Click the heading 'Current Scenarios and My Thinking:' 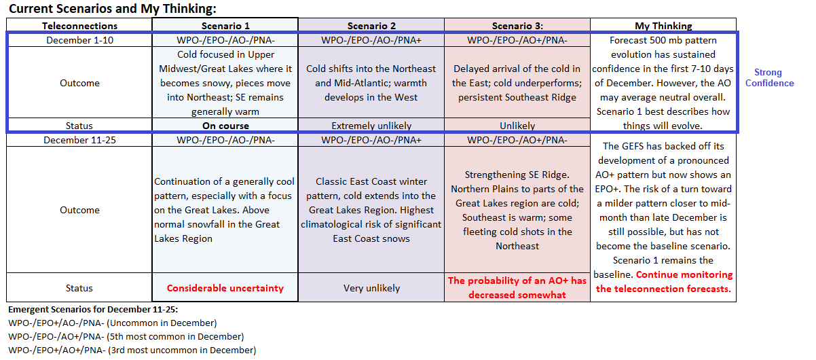click(x=113, y=9)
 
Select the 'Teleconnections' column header click(x=79, y=26)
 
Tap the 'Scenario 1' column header click(x=225, y=26)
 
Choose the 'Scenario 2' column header click(x=371, y=26)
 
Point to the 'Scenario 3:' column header click(x=517, y=26)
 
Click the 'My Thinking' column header click(x=663, y=26)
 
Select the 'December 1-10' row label click(x=79, y=40)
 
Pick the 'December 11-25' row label click(x=79, y=140)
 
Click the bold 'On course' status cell click(x=225, y=126)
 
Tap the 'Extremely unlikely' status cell click(x=371, y=126)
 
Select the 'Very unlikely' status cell click(x=371, y=288)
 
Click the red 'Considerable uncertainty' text click(x=225, y=288)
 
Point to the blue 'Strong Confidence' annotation click(x=769, y=77)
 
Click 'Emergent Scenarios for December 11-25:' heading click(x=93, y=309)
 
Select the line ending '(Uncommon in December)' click(x=113, y=323)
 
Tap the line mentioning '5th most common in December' click(x=126, y=336)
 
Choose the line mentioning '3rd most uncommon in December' click(x=132, y=350)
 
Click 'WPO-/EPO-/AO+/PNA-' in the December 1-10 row click(x=517, y=40)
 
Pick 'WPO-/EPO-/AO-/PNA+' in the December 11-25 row click(x=371, y=140)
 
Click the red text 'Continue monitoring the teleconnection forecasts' click(x=664, y=282)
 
